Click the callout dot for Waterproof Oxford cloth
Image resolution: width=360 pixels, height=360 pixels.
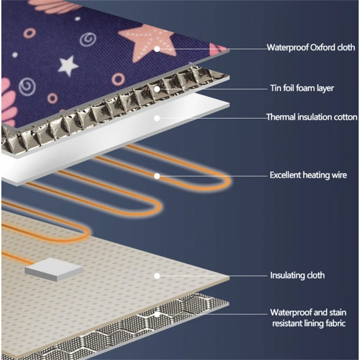(x=157, y=48)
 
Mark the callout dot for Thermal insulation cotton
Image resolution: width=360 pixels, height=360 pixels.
(x=157, y=118)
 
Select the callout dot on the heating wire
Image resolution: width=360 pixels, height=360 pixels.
(x=157, y=175)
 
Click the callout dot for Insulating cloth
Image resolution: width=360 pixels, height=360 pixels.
(x=157, y=275)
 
